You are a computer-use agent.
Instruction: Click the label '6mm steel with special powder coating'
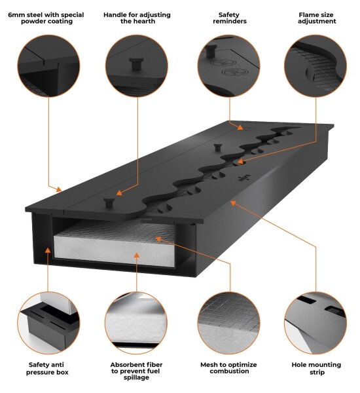pyautogui.click(x=46, y=18)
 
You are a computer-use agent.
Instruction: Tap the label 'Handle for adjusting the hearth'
pyautogui.click(x=137, y=18)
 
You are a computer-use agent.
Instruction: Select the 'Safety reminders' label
pyautogui.click(x=230, y=18)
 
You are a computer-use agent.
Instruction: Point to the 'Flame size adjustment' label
pyautogui.click(x=316, y=18)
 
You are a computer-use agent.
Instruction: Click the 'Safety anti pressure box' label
pyautogui.click(x=46, y=368)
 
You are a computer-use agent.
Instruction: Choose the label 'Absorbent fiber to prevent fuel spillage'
pyautogui.click(x=136, y=371)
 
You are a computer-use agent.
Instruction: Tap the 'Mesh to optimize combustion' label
pyautogui.click(x=228, y=368)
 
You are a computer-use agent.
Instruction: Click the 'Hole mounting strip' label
pyautogui.click(x=316, y=368)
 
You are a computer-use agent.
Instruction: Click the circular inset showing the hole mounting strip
pyautogui.click(x=315, y=323)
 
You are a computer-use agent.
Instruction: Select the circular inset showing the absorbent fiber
pyautogui.click(x=136, y=323)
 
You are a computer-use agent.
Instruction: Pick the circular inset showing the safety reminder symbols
pyautogui.click(x=228, y=66)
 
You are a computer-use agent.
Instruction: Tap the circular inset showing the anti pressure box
pyautogui.click(x=48, y=323)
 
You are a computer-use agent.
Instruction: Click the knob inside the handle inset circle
pyautogui.click(x=137, y=64)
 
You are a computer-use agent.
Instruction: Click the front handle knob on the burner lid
pyautogui.click(x=109, y=202)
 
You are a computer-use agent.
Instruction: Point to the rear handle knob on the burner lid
pyautogui.click(x=218, y=147)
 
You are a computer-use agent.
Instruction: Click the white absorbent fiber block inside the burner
pyautogui.click(x=115, y=244)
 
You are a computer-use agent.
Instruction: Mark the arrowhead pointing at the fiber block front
pyautogui.click(x=137, y=255)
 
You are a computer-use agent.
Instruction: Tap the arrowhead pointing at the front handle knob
pyautogui.click(x=119, y=193)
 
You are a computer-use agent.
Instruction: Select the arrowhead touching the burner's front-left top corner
pyautogui.click(x=59, y=189)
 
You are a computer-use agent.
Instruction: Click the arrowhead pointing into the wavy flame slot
pyautogui.click(x=240, y=162)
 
